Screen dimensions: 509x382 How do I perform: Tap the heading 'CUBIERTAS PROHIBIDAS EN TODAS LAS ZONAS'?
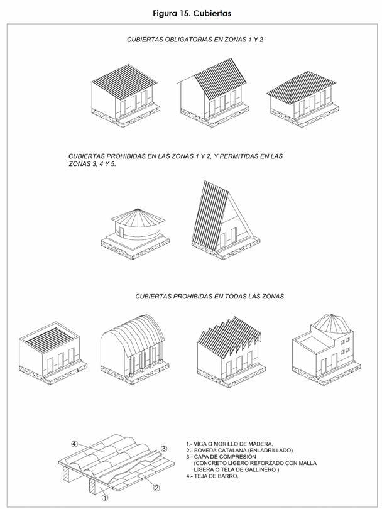tap(209, 295)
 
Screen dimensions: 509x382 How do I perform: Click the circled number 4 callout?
tap(75, 444)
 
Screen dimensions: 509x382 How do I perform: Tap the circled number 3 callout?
tap(164, 448)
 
